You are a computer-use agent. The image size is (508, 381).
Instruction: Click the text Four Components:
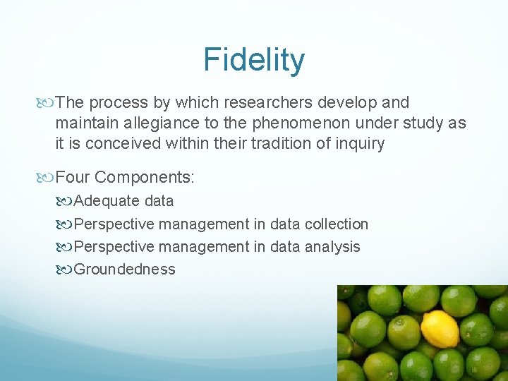coord(125,176)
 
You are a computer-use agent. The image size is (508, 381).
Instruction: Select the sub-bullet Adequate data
coord(123,201)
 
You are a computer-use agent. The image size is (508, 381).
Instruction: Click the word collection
coord(337,224)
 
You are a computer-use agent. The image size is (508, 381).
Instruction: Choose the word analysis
coord(332,247)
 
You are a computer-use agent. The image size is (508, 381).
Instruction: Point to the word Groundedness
coord(125,270)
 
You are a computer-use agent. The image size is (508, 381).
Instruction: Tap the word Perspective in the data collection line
coord(114,224)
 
